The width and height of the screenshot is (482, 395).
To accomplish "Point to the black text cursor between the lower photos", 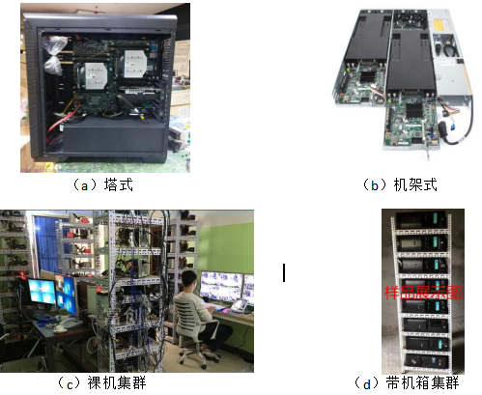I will click(283, 273).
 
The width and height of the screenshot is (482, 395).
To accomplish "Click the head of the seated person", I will click(190, 281).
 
